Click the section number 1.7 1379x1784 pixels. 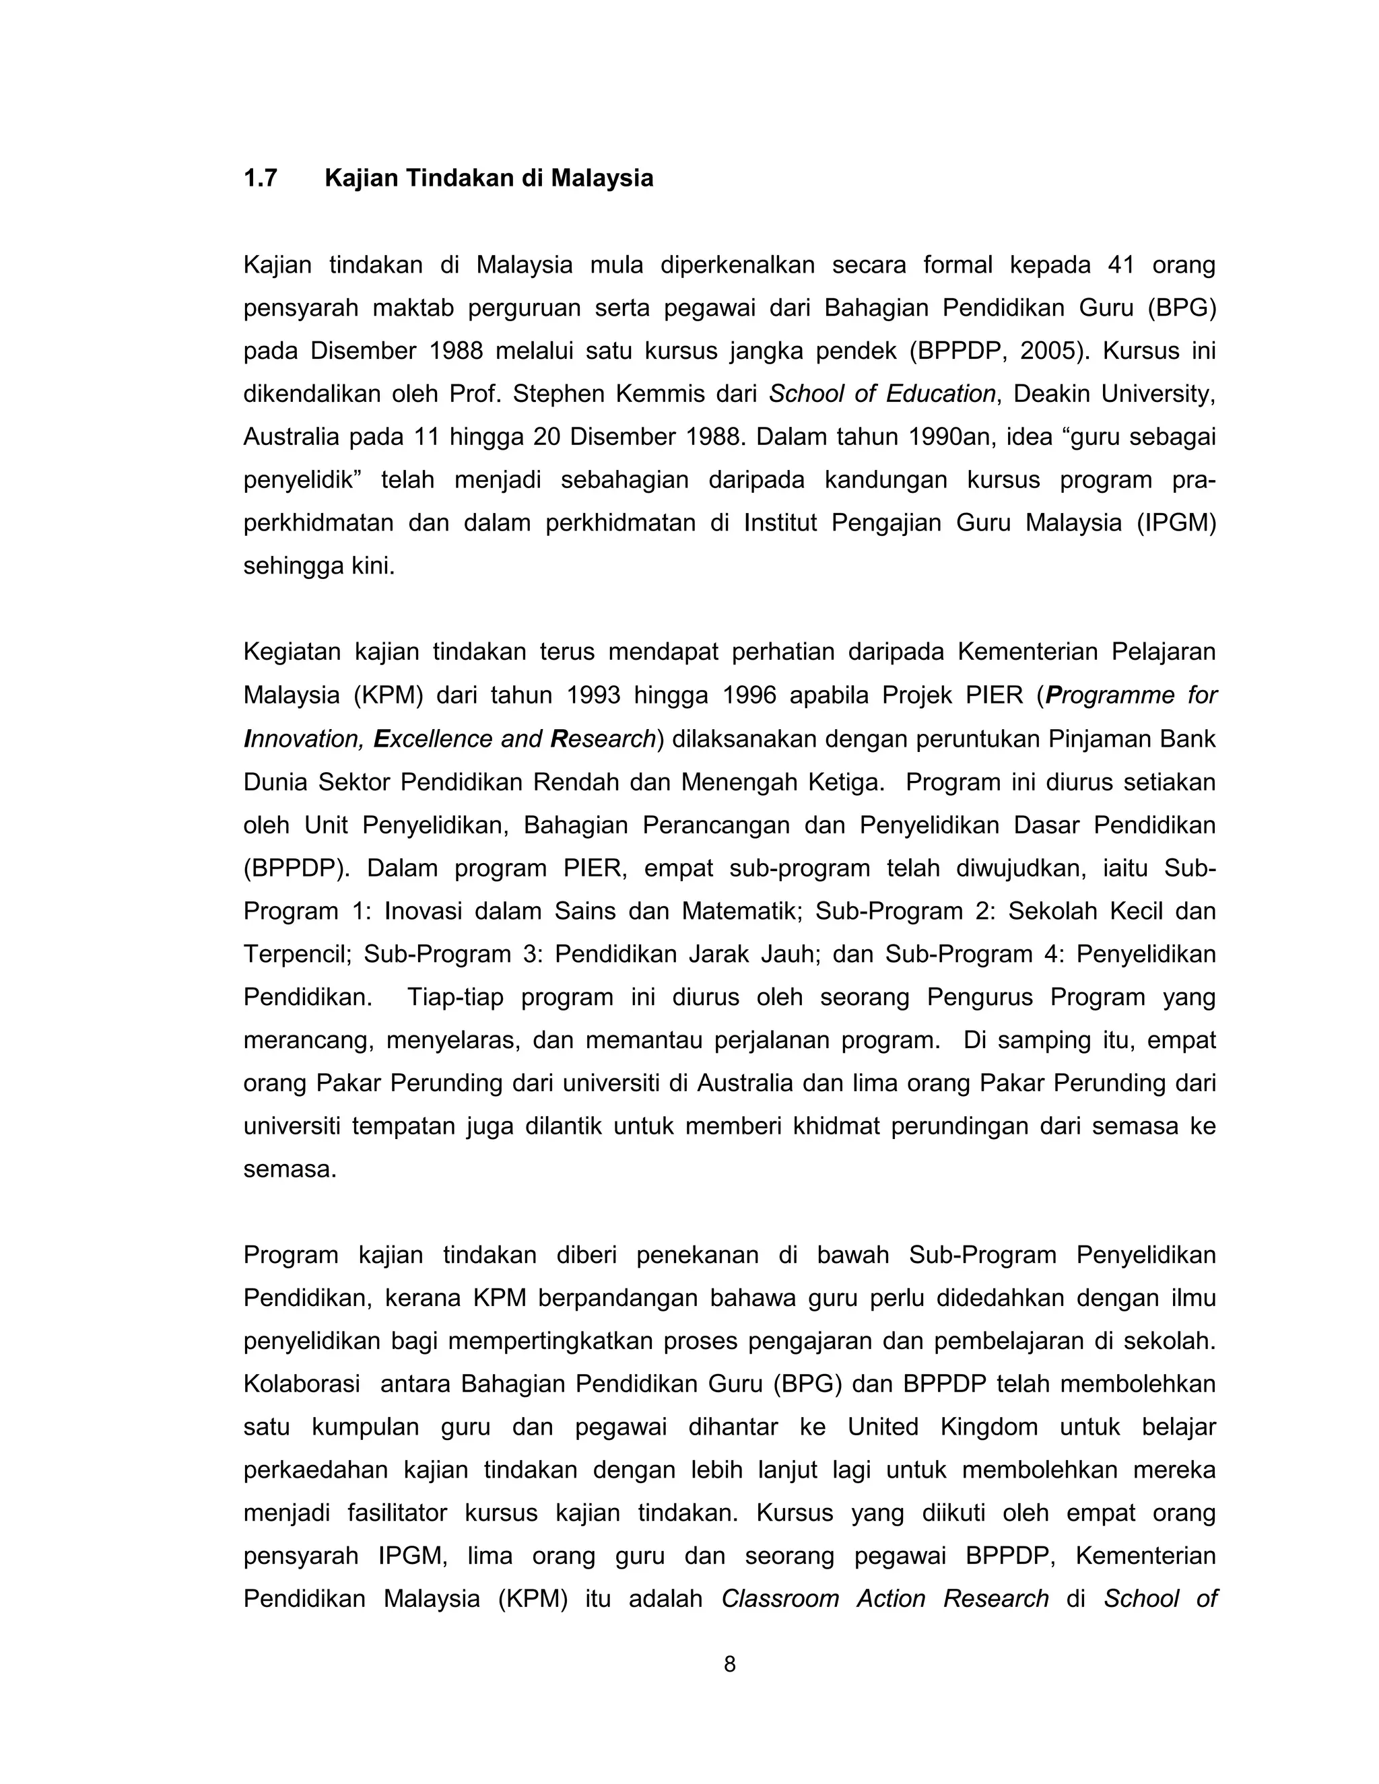click(x=260, y=178)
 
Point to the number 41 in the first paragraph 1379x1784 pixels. click(x=1121, y=265)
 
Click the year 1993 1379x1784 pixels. click(x=593, y=695)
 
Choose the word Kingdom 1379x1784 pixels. click(x=988, y=1427)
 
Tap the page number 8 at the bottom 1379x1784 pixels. click(x=729, y=1664)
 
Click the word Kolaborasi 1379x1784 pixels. click(x=302, y=1383)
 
